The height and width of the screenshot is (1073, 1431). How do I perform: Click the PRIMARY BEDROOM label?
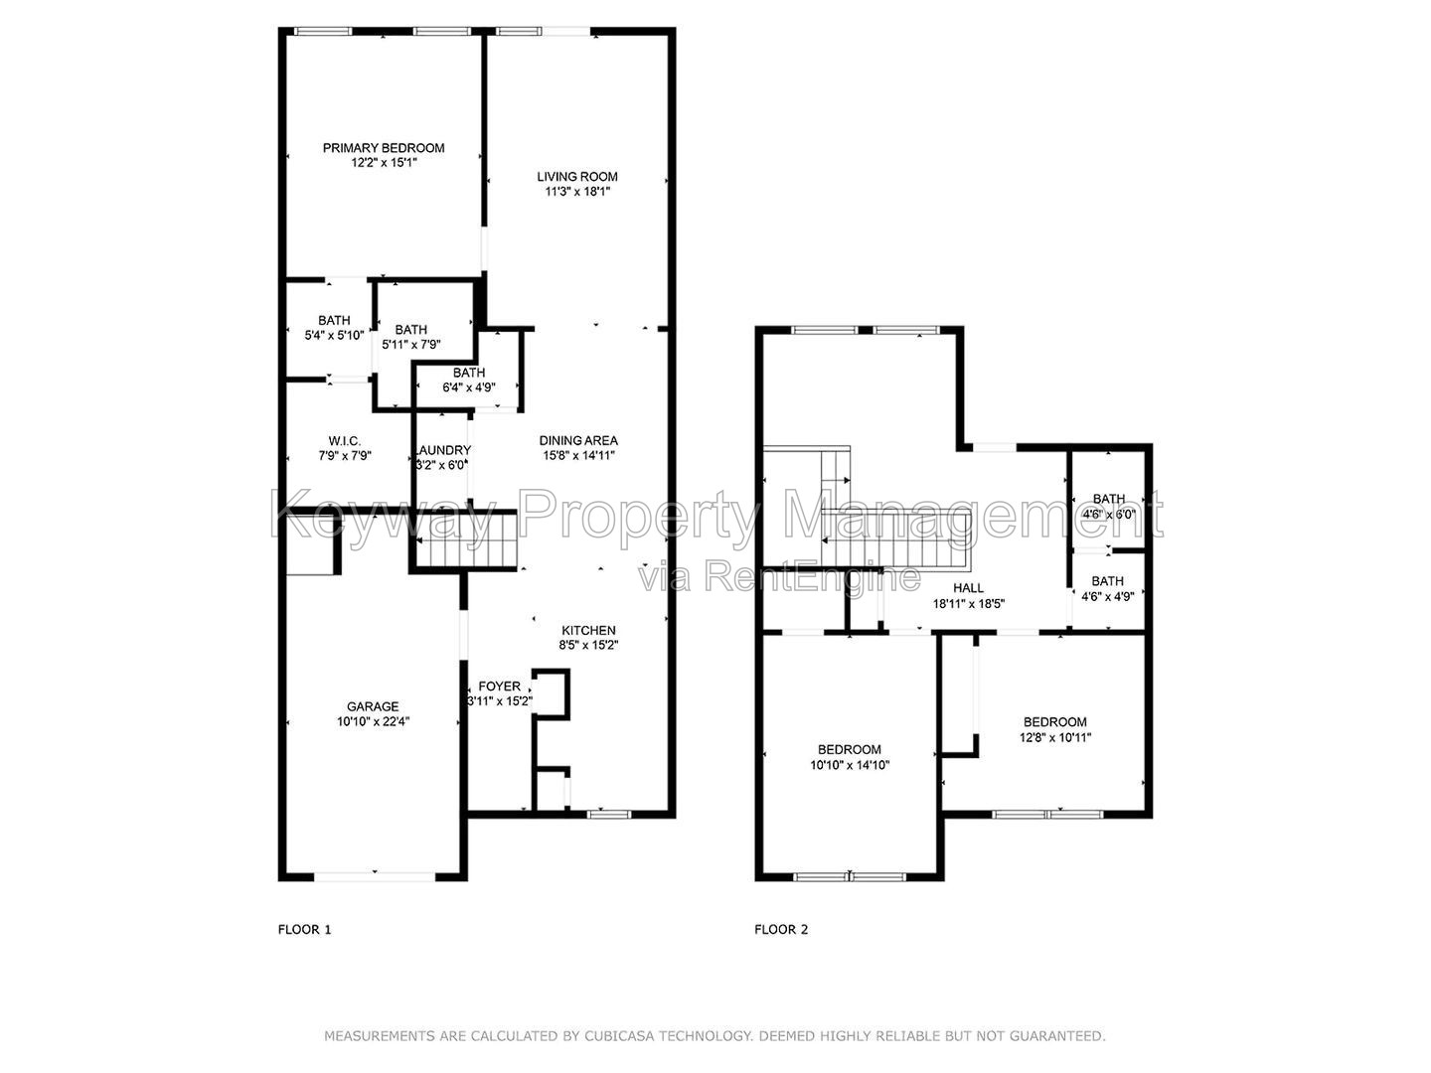click(x=384, y=148)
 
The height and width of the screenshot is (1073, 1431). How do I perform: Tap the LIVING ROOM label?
click(x=577, y=177)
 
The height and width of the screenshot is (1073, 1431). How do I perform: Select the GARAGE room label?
click(x=373, y=706)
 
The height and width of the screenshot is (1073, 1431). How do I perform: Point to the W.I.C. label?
click(x=344, y=441)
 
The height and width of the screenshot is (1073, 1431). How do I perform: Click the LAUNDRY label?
click(x=442, y=450)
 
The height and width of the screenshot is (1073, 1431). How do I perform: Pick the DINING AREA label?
click(x=578, y=440)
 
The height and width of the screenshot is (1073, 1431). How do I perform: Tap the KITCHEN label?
click(x=588, y=630)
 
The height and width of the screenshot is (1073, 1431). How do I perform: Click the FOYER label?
click(x=500, y=686)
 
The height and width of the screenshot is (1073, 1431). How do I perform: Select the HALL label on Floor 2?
click(x=968, y=587)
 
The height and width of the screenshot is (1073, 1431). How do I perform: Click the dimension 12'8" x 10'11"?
click(x=1054, y=737)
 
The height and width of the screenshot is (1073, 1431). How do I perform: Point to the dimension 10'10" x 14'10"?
click(x=850, y=765)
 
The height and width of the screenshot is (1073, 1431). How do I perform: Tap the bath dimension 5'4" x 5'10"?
click(x=334, y=336)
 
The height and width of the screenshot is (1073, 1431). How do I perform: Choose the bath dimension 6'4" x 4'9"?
click(x=469, y=387)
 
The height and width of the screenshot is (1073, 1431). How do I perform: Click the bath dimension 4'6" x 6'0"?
click(x=1108, y=514)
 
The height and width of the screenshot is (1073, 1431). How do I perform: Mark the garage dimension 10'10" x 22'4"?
click(x=373, y=721)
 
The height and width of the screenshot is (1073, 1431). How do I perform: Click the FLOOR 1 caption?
click(x=304, y=930)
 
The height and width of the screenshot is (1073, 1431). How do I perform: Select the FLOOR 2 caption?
click(x=781, y=930)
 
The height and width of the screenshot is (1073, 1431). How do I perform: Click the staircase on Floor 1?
click(x=466, y=540)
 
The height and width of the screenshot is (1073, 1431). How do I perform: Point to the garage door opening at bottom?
click(x=375, y=877)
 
